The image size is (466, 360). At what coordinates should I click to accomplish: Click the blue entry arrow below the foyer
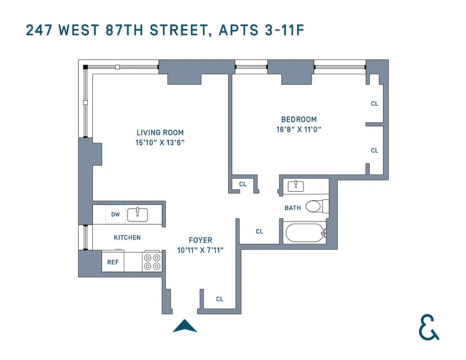(185, 326)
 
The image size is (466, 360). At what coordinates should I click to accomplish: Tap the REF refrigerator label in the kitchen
(113, 262)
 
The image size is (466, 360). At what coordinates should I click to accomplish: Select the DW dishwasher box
(116, 214)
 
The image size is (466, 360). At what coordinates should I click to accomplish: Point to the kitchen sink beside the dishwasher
(138, 215)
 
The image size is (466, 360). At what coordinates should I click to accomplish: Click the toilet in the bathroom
(317, 207)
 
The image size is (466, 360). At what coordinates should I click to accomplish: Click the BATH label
(293, 208)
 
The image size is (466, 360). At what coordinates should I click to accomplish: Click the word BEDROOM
(299, 119)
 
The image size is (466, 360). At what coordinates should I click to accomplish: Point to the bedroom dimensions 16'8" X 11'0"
(299, 129)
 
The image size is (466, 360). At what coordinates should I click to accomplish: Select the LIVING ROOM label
(160, 132)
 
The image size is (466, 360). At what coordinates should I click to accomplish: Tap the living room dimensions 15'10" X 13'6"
(160, 142)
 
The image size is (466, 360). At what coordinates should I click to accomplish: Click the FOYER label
(200, 240)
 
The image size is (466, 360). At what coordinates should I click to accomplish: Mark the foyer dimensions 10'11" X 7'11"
(200, 250)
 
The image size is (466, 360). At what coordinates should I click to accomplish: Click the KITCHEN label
(127, 237)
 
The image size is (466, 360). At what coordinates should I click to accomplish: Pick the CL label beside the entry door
(220, 299)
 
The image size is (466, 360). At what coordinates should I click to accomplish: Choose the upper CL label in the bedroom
(375, 103)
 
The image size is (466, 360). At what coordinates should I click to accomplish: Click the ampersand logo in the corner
(428, 327)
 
